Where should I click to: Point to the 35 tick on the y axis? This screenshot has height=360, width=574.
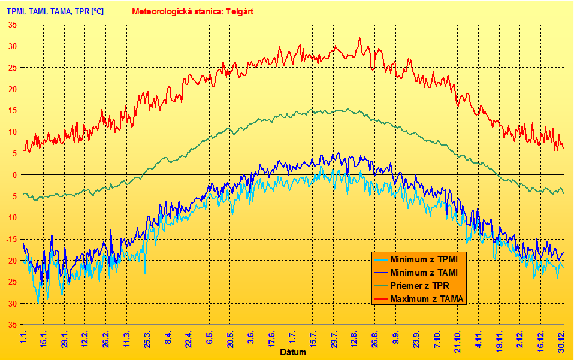click(x=13, y=25)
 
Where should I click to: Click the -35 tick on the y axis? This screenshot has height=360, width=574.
click(x=11, y=325)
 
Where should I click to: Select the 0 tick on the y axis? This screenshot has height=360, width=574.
click(x=15, y=175)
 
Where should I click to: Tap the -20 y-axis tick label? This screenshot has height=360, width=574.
click(x=11, y=261)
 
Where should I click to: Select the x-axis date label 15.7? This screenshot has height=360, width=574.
click(x=312, y=338)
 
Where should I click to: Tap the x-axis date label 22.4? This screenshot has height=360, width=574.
click(x=188, y=338)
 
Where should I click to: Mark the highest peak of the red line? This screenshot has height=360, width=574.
click(x=359, y=38)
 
